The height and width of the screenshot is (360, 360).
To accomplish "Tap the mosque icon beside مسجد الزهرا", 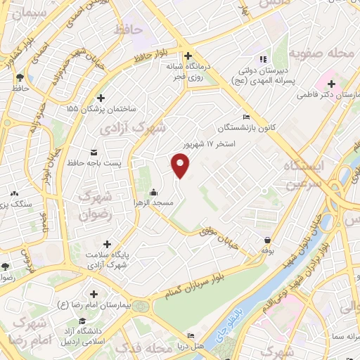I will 153,193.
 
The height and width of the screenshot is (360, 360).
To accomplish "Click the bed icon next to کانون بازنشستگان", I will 245,117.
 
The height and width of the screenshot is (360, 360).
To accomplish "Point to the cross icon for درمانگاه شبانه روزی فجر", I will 187,56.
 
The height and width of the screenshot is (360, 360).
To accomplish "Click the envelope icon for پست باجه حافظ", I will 94,152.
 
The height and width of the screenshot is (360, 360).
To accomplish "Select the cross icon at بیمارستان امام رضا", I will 93,293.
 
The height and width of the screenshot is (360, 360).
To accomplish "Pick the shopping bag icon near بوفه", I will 267,240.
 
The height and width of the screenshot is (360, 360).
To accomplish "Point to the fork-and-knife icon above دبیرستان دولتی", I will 262,59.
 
